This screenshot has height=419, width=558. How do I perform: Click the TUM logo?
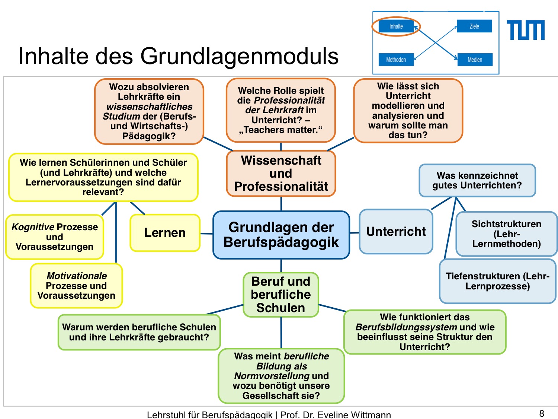(x=525, y=30)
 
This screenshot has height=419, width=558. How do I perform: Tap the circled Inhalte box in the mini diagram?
(x=396, y=26)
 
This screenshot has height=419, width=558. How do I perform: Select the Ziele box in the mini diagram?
(x=474, y=26)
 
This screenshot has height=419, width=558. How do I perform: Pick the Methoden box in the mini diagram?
(x=396, y=60)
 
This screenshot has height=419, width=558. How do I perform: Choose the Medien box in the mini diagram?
(x=475, y=60)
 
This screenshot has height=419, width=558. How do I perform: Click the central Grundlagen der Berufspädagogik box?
(x=281, y=235)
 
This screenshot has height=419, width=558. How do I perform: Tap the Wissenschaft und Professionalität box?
(x=281, y=174)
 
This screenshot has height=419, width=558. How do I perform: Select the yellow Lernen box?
(x=165, y=233)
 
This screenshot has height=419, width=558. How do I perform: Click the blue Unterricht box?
(x=396, y=232)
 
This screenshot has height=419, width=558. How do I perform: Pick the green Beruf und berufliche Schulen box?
(x=281, y=295)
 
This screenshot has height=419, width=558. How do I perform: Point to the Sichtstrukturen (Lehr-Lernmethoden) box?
(x=506, y=234)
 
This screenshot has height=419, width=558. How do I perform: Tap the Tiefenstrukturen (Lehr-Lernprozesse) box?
(x=497, y=281)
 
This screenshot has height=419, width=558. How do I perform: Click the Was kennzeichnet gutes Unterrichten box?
(x=477, y=181)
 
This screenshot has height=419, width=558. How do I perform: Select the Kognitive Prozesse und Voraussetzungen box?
(x=55, y=237)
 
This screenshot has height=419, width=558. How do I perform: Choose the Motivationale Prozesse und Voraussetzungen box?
(x=76, y=286)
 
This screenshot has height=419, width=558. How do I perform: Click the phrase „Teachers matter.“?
(x=281, y=130)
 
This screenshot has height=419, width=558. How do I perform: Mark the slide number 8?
(x=542, y=413)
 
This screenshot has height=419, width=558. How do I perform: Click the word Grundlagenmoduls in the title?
(x=239, y=56)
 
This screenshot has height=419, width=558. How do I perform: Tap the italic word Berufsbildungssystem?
(x=406, y=327)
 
